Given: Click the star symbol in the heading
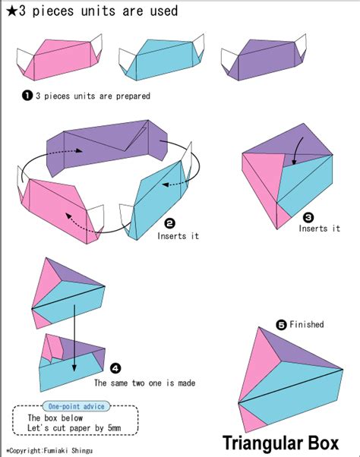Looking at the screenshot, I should point(9,11).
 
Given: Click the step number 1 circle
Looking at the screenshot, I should point(27,96).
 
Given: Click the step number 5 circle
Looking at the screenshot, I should point(281,324).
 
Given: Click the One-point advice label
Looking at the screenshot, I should point(71,406).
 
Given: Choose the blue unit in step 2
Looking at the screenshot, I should point(156,201).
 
